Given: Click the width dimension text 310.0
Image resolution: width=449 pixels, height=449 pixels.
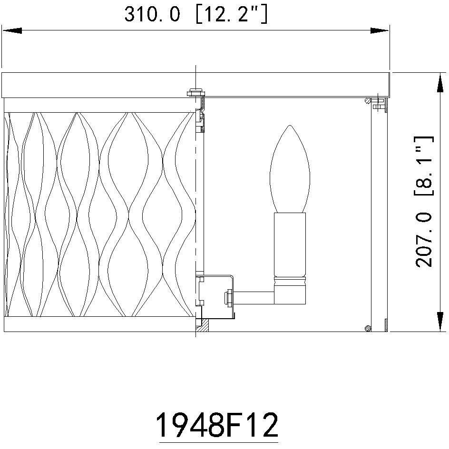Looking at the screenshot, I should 152,15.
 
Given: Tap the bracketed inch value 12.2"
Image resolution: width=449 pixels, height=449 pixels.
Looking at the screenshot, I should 232,15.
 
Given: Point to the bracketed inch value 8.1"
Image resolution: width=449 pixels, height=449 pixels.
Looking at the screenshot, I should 424,166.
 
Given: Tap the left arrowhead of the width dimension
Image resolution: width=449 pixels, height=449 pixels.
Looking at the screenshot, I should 11,31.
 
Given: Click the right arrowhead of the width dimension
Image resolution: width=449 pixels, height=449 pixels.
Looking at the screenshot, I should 380,31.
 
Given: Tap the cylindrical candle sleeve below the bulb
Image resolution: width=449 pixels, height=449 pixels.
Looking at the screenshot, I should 290,245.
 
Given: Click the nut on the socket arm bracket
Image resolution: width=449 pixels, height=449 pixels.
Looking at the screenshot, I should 228,297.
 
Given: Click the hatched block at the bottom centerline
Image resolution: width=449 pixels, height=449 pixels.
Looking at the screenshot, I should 203,326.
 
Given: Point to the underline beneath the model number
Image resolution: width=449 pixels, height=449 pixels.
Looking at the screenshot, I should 217,442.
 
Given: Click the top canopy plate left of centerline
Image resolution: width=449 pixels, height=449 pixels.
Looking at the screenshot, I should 98,85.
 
